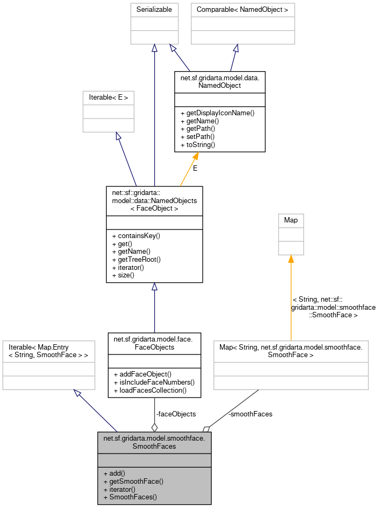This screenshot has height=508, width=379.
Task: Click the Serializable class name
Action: (154, 10)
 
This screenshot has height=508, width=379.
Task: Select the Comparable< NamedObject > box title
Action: (243, 10)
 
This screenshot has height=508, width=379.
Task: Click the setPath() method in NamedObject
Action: (199, 137)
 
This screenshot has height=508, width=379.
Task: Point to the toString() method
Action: (200, 145)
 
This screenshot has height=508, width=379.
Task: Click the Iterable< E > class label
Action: (108, 98)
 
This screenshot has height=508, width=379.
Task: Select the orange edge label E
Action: (195, 168)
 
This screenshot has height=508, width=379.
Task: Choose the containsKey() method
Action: (136, 235)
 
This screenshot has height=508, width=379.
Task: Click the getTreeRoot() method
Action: (136, 259)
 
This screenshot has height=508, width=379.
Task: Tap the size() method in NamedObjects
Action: (123, 275)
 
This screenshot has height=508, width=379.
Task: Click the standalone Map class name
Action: (291, 220)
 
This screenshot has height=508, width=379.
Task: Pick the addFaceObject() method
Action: (142, 374)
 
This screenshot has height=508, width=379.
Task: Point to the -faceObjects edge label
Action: (176, 414)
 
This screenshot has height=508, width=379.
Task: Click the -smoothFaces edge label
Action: (250, 414)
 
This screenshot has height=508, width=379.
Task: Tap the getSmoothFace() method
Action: (133, 481)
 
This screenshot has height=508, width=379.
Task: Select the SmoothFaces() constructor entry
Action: (130, 497)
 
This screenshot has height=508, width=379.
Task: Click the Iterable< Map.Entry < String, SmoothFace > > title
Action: (49, 351)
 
